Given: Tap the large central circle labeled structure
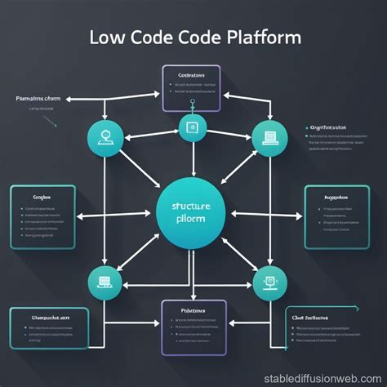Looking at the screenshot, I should tap(193, 213).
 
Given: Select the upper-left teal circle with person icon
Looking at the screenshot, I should tap(105, 136).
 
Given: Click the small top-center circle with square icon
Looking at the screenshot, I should tap(193, 127).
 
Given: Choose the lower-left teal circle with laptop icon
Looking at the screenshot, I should tap(105, 282).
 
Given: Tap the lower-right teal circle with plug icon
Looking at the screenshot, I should tap(269, 282).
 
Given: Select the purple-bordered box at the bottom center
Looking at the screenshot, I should tap(193, 327).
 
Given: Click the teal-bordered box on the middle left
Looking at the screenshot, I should tap(42, 216).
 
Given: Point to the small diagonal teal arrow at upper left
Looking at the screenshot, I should tap(50, 121).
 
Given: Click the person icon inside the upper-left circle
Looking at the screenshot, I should tap(105, 136).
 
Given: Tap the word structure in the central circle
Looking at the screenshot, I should tap(193, 207).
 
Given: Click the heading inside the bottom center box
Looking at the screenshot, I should tap(193, 311).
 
